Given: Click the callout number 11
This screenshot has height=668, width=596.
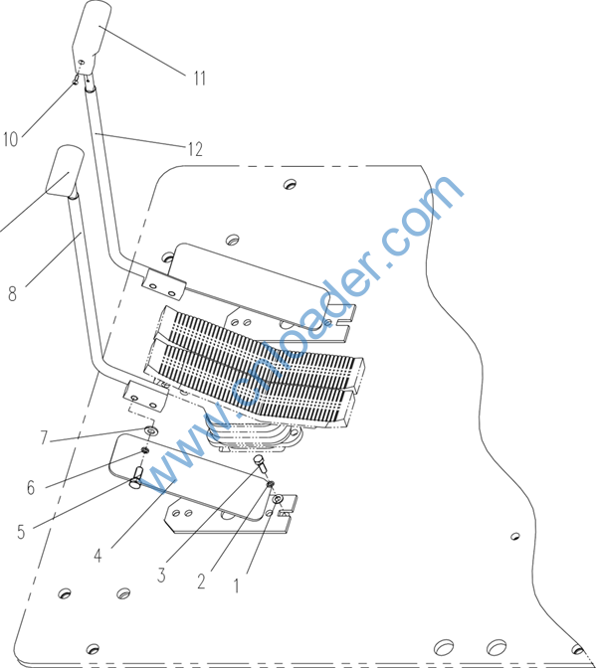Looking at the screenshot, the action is (x=200, y=79).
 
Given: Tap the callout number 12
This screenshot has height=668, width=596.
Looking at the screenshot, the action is (x=195, y=149).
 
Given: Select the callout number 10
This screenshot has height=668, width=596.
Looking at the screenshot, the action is (x=11, y=139).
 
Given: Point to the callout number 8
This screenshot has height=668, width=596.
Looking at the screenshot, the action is (x=12, y=293).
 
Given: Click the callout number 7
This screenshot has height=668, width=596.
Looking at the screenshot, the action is (x=44, y=437).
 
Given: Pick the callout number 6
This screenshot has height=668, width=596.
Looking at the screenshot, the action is (x=31, y=487).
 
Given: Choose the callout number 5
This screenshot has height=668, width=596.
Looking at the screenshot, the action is (x=21, y=532).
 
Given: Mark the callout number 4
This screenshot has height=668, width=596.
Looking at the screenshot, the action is (x=98, y=555).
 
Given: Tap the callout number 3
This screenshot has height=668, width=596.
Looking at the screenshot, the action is (x=161, y=575).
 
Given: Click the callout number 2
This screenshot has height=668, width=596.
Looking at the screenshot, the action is (x=201, y=582).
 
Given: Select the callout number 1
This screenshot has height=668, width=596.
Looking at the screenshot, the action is (x=237, y=585).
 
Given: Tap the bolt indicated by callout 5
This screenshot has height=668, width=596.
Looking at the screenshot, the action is (x=135, y=477).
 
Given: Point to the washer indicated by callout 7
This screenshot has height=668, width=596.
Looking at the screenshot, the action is (x=151, y=430).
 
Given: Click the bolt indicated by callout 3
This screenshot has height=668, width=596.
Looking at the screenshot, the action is (x=260, y=462).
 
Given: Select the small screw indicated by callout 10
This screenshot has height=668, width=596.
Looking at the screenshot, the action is (x=76, y=80).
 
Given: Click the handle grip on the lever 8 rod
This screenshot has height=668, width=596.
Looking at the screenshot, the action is (x=66, y=171).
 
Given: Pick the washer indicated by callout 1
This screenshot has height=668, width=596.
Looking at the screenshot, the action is (x=278, y=499).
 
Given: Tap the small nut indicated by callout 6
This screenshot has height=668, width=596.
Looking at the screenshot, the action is (x=145, y=450).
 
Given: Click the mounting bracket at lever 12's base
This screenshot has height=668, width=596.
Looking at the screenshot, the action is (x=164, y=284).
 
